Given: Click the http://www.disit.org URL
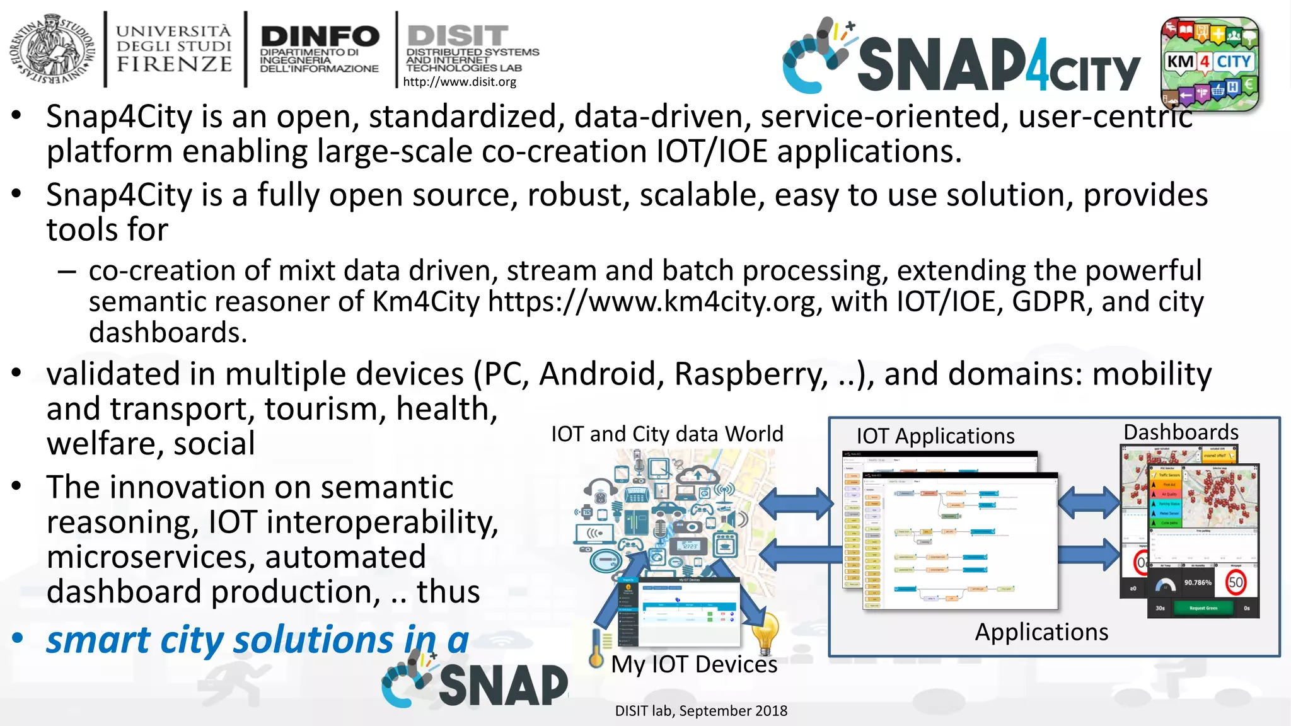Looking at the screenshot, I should coord(460,82).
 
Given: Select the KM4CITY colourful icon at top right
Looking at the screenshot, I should coord(1210,64).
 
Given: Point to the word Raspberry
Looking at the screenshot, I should coord(750,374).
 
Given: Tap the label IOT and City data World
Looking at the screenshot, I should coord(667,434).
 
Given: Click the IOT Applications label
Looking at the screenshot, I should coord(935,436).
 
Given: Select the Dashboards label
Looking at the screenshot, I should coord(1181,432).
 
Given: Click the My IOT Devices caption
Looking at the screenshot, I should coord(694,664).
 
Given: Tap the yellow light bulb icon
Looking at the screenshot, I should coord(765,632).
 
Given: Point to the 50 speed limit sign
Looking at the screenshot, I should coord(1236,582).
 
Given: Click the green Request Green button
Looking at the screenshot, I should coord(1203,608).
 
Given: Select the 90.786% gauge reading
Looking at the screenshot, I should coord(1197,582).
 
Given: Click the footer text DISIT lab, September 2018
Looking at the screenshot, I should coord(701,711).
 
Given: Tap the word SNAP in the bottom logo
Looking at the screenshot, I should coord(503,686).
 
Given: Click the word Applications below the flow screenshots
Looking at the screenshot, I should coord(1041,632).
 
